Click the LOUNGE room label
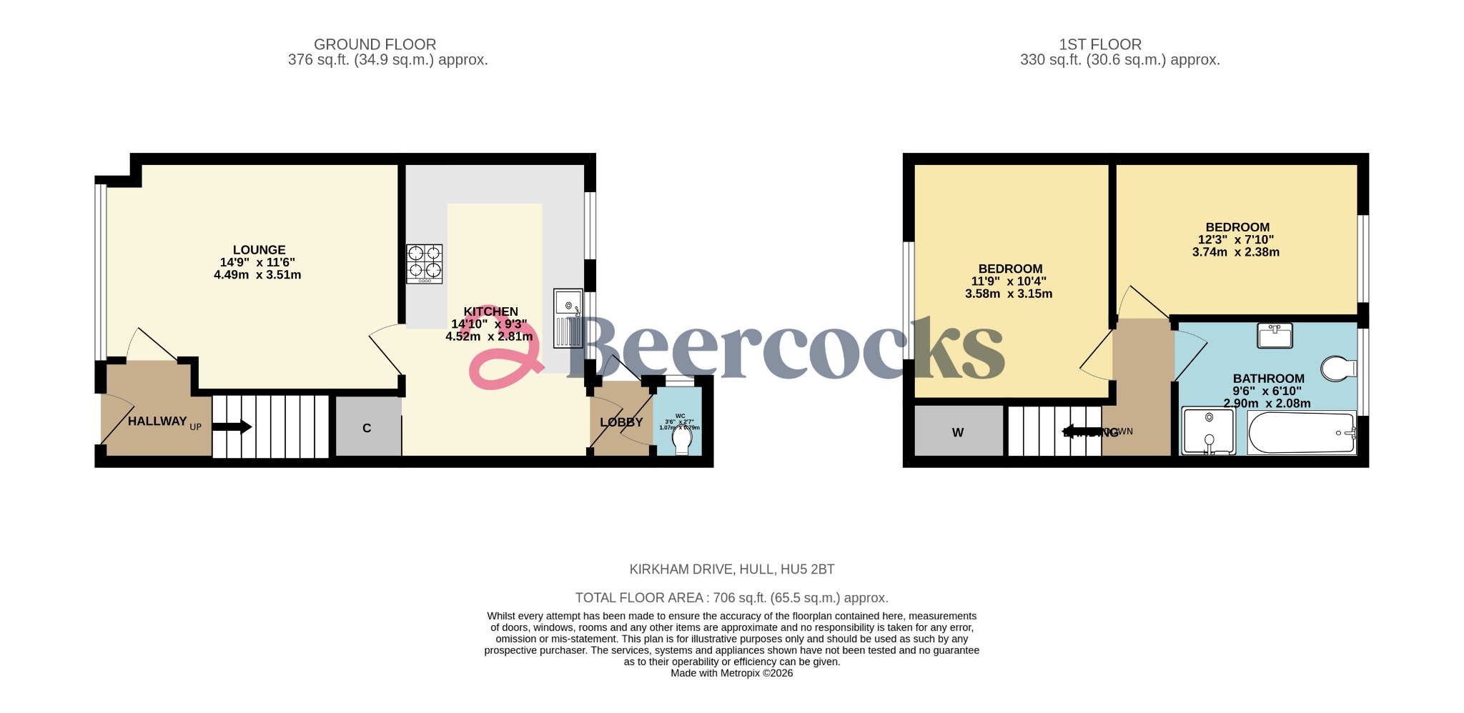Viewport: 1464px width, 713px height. [x=259, y=250]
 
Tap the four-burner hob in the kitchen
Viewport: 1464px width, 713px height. [x=425, y=264]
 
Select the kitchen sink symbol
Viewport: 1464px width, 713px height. [x=568, y=319]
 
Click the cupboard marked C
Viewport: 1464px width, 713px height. [x=367, y=428]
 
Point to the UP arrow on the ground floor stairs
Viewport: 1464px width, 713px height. [x=232, y=427]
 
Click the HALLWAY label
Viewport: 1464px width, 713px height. [x=157, y=422]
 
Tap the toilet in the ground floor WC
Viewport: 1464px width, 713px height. [x=682, y=440]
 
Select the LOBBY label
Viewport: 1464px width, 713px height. [x=621, y=422]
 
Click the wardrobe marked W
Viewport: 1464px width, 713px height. [x=958, y=432]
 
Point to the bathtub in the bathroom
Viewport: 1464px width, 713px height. [x=1302, y=433]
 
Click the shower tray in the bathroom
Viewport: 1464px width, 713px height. [x=1208, y=431]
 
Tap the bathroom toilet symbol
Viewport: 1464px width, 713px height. [x=1338, y=369]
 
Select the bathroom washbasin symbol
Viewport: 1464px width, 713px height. [x=1275, y=335]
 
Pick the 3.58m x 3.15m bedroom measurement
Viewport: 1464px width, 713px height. [x=1009, y=294]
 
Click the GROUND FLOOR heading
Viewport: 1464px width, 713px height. [x=375, y=44]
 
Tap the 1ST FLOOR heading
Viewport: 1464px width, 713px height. [x=1100, y=44]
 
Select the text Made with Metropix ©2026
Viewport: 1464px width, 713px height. [x=731, y=673]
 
